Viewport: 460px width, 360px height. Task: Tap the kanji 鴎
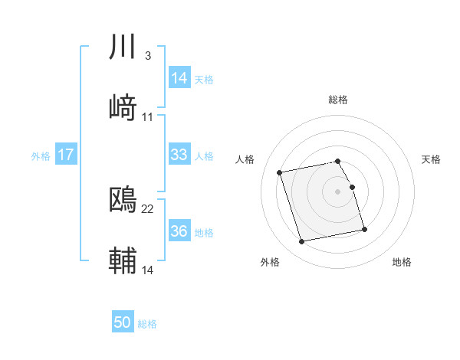(123, 199)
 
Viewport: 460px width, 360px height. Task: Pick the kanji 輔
(123, 260)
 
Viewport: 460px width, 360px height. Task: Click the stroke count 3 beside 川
(147, 56)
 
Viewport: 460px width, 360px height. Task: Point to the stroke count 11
(148, 116)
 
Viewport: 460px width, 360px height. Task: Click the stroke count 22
(148, 208)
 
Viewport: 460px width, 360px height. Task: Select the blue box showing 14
(179, 78)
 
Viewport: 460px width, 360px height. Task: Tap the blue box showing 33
(179, 155)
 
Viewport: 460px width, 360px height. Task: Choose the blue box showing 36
(179, 231)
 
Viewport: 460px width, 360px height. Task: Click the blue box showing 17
(66, 155)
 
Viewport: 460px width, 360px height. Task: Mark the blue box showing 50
(123, 322)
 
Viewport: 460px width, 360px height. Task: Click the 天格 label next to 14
(204, 80)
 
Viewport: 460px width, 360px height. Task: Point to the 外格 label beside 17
(41, 156)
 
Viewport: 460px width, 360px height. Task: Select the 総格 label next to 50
(147, 324)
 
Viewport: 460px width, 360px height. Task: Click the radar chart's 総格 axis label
(338, 100)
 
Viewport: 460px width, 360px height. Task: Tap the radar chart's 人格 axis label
(245, 159)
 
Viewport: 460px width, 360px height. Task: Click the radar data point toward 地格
(364, 230)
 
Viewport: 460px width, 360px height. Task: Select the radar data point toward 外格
(302, 241)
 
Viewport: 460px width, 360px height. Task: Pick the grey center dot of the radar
(338, 191)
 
